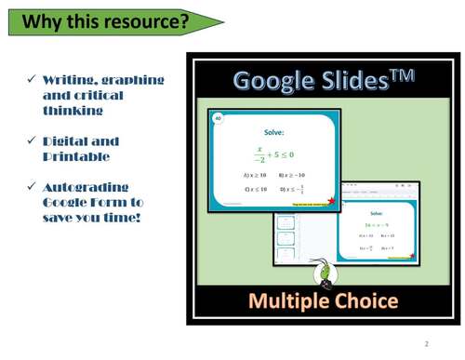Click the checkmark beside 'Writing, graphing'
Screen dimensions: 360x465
pos(31,81)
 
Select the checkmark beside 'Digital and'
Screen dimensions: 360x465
pos(31,142)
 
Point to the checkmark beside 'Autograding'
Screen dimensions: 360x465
pos(31,188)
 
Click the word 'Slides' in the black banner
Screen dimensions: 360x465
pos(356,81)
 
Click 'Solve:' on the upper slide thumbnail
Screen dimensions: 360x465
pos(274,132)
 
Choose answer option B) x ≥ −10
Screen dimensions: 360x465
pos(292,174)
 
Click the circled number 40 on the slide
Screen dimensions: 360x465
pos(219,119)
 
